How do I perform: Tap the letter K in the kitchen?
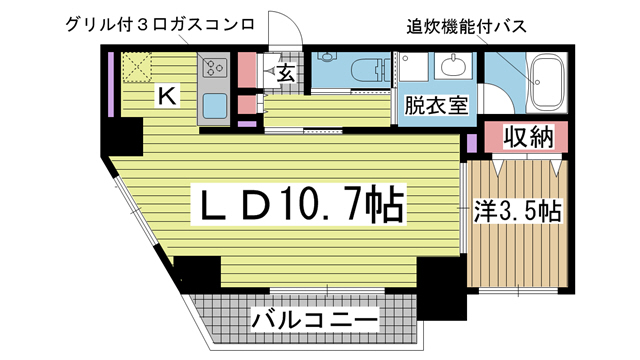click(x=167, y=96)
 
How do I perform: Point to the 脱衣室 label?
click(x=436, y=105)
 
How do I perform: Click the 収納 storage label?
click(x=527, y=138)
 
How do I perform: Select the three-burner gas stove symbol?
click(x=214, y=68)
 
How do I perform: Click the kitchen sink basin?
click(x=214, y=105)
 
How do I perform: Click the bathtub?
click(x=547, y=79)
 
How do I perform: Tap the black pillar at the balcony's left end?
click(x=197, y=273)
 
